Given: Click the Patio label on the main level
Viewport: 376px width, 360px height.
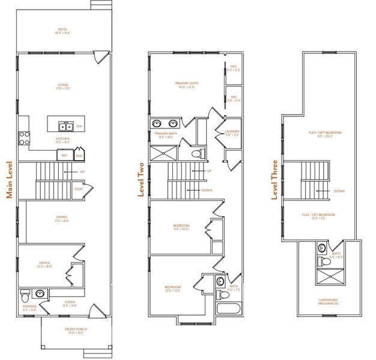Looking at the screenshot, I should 62,31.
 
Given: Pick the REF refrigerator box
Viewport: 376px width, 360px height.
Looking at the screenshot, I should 64,155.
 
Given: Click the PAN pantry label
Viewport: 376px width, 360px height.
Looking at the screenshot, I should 79,155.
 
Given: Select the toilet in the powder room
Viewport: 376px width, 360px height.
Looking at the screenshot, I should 24,296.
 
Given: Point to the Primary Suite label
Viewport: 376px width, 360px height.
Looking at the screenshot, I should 186,85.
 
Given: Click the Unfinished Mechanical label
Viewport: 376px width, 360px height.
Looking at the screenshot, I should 329,302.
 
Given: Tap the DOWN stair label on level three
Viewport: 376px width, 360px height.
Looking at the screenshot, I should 339,191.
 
